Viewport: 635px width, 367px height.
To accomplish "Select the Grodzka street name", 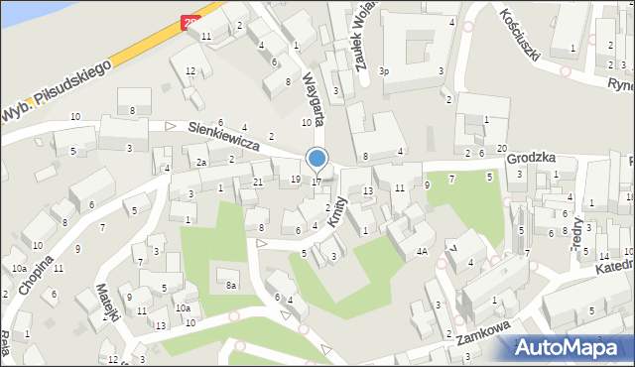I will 529,158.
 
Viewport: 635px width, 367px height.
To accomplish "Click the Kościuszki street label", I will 520,33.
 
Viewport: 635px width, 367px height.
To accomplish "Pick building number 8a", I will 230,285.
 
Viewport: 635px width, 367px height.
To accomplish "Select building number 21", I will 257,182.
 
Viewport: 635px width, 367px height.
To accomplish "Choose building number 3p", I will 385,71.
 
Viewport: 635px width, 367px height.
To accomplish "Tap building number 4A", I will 422,252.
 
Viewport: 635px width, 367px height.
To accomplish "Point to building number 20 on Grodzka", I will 502,149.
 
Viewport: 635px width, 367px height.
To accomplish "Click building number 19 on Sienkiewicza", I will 296,180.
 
